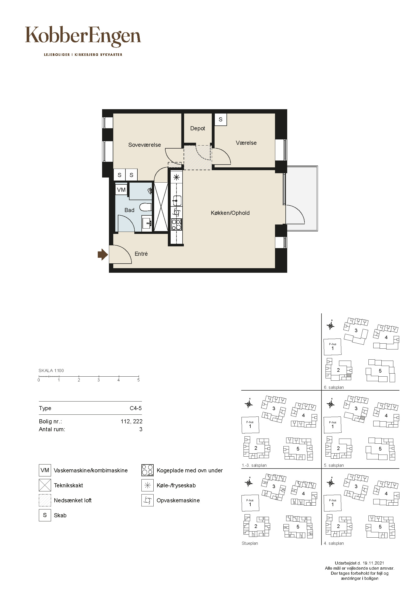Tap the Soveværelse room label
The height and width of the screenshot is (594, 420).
[144, 145]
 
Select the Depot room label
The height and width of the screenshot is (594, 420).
[198, 128]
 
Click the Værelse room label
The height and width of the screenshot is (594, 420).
[246, 143]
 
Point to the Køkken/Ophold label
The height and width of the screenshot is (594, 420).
[230, 213]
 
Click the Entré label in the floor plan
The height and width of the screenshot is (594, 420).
[141, 254]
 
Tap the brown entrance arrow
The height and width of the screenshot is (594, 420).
[103, 254]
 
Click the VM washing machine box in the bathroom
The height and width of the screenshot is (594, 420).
[121, 190]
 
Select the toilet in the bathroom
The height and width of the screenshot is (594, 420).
[145, 207]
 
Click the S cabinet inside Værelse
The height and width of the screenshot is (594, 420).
[221, 120]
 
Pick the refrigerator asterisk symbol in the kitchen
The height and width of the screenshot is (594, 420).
[176, 178]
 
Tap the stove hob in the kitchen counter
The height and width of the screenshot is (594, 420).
[177, 224]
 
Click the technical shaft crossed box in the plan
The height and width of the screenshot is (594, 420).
[161, 207]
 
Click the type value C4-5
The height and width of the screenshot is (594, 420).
[136, 408]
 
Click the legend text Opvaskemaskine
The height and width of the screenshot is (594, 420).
[178, 500]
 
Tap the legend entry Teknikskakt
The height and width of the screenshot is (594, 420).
[68, 485]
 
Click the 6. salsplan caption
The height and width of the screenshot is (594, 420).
[334, 388]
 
